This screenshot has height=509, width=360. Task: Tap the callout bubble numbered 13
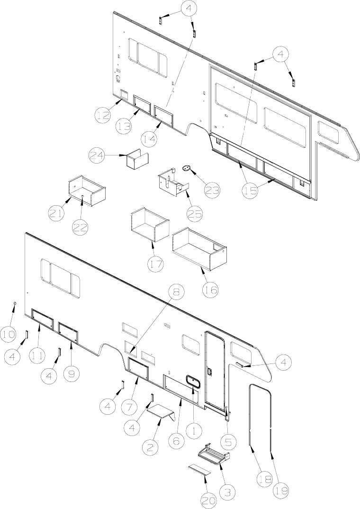125,127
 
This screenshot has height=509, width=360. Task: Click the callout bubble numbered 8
176,292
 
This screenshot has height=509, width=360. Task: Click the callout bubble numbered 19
282,490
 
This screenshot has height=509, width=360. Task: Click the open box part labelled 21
87,189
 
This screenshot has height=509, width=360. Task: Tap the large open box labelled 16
200,247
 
